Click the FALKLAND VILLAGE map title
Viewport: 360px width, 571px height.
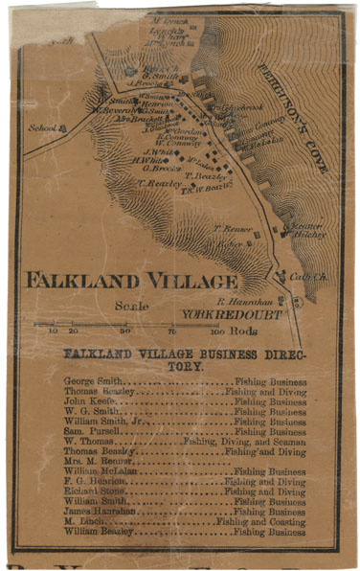[x=130, y=281]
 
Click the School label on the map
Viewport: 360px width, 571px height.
[x=42, y=126]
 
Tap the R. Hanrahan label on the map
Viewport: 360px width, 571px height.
[x=226, y=300]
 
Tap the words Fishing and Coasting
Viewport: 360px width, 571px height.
[x=259, y=522]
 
